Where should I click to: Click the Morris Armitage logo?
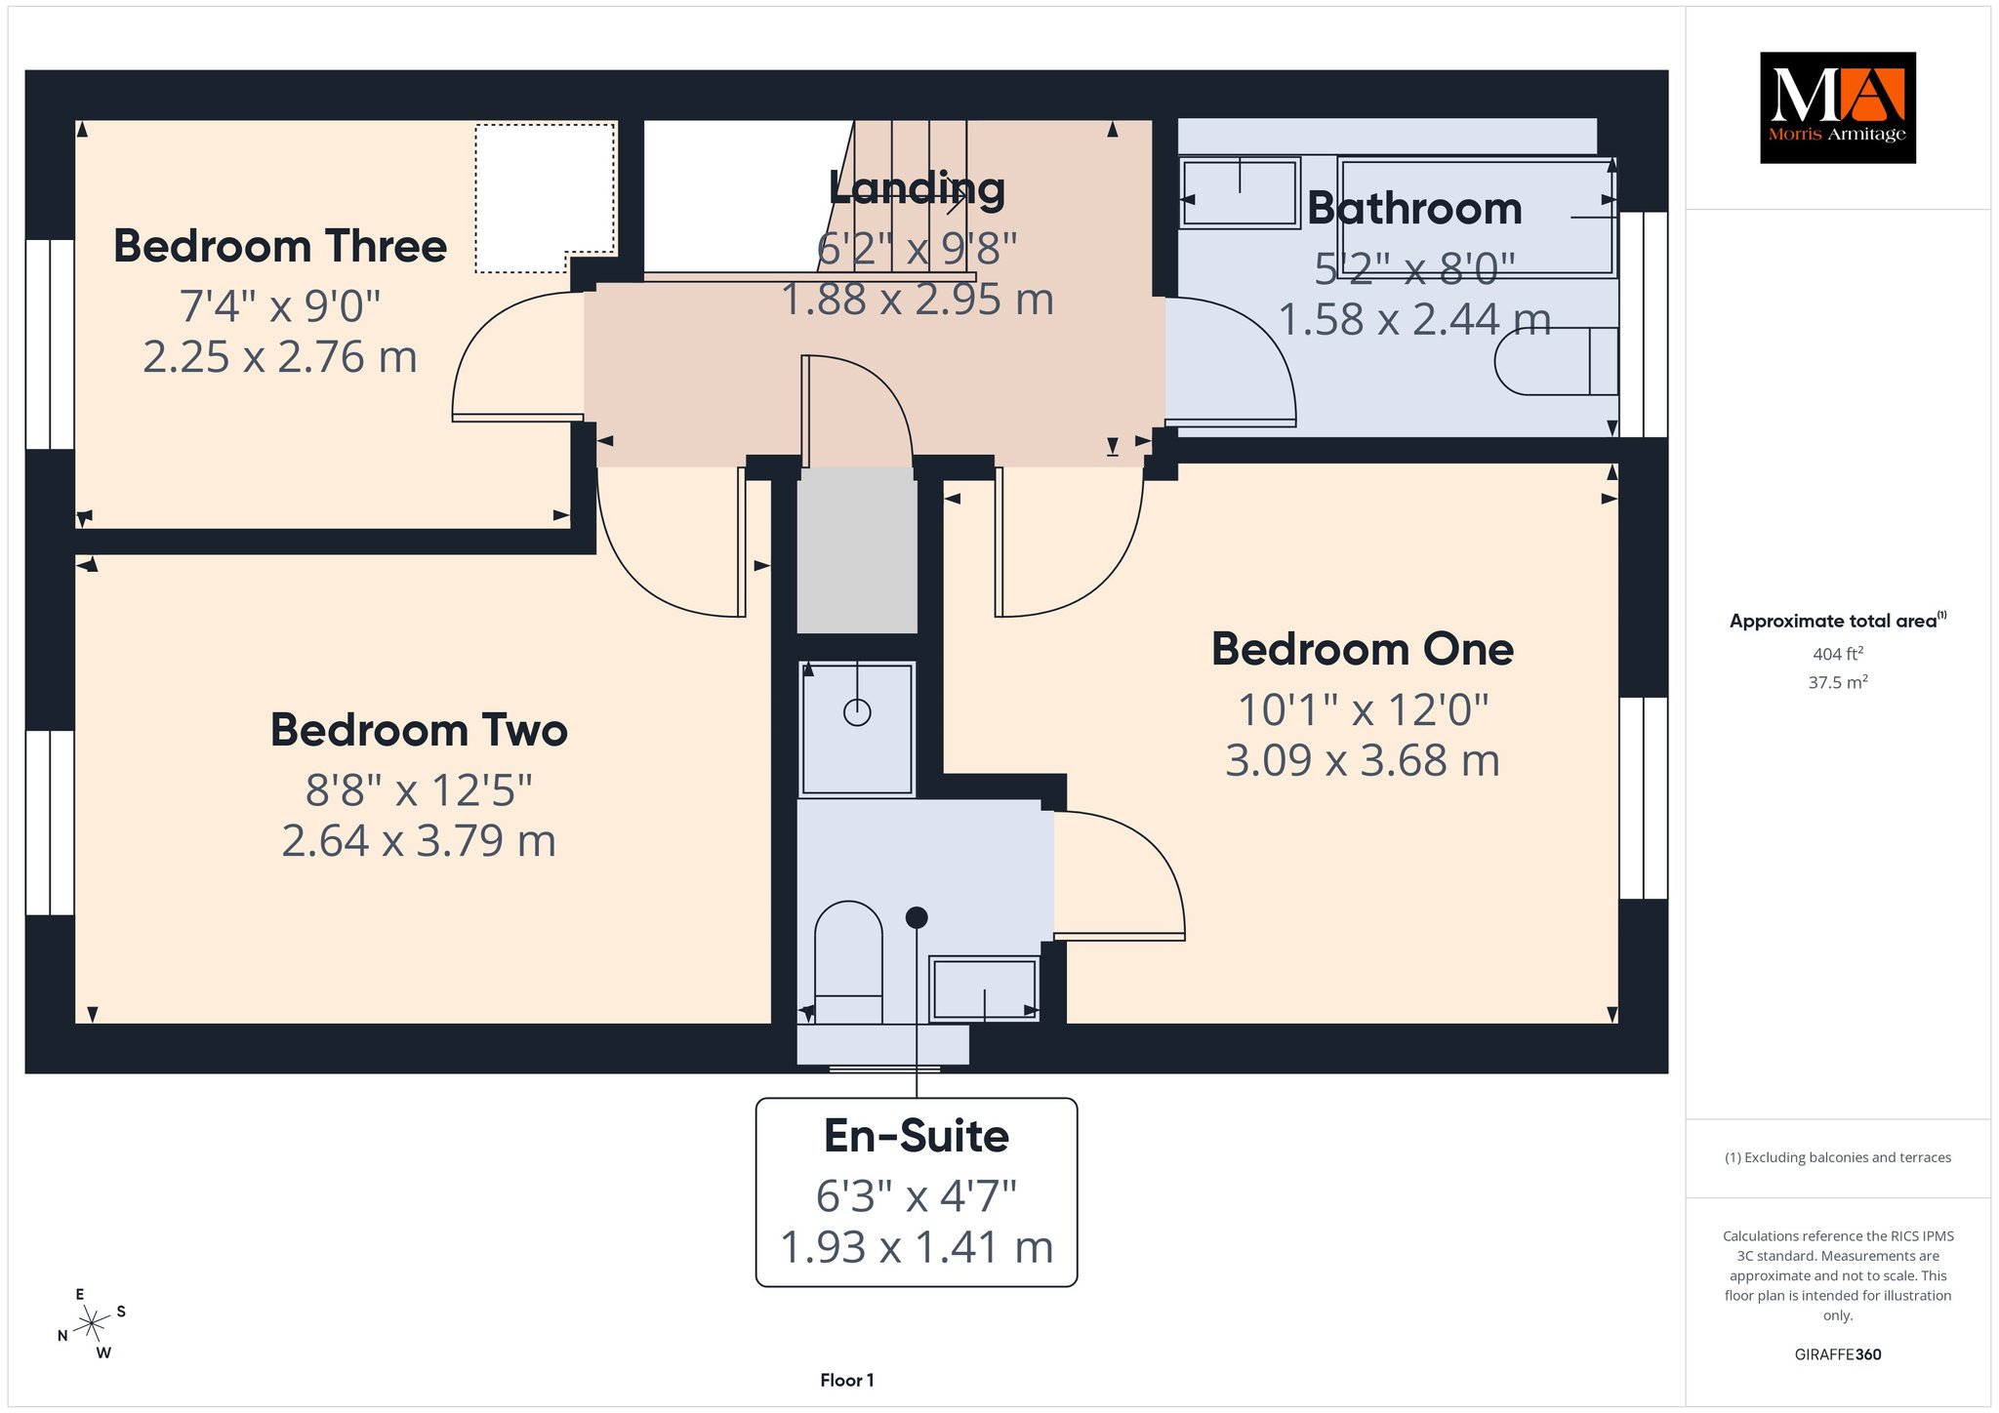click(x=1837, y=107)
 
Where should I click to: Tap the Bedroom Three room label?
click(x=280, y=246)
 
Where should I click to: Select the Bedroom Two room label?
click(x=419, y=730)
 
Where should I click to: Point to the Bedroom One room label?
click(x=1363, y=649)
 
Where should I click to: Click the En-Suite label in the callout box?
click(x=917, y=1136)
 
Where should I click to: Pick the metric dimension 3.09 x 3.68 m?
click(x=1363, y=761)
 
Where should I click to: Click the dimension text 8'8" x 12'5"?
click(x=419, y=789)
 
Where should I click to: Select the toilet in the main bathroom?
click(x=1556, y=361)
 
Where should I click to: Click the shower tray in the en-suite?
click(x=857, y=728)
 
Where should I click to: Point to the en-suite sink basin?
click(x=984, y=989)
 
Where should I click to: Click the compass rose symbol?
click(x=92, y=1323)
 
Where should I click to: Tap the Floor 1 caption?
click(x=847, y=1380)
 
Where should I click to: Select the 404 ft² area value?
click(x=1838, y=654)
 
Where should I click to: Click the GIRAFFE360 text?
click(x=1838, y=1354)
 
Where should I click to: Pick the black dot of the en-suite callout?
click(x=917, y=917)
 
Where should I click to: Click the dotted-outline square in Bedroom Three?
click(x=546, y=198)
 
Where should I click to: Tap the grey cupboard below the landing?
click(x=857, y=550)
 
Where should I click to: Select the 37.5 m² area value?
click(x=1838, y=682)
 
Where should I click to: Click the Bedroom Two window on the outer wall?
click(x=50, y=823)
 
